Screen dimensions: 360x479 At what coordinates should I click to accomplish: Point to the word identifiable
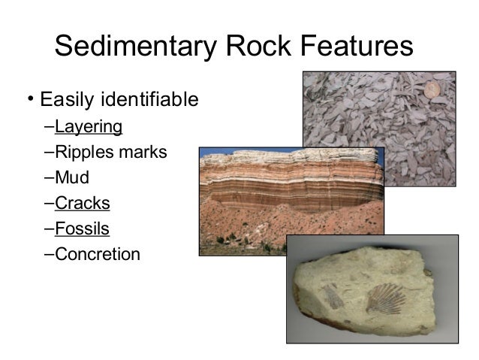[153, 99]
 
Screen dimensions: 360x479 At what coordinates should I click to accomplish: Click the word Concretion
[98, 254]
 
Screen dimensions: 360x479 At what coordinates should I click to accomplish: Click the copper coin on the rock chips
[433, 89]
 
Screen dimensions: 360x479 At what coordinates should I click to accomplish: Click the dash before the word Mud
[49, 177]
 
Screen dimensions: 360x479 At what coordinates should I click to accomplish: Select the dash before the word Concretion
[49, 254]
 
